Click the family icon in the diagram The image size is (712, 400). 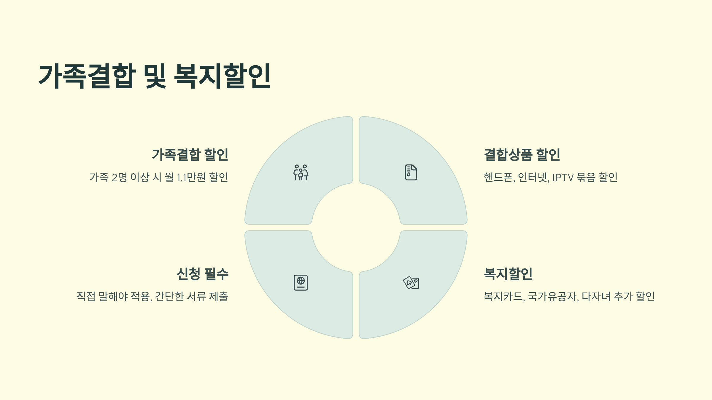(x=301, y=172)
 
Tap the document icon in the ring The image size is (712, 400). (x=411, y=172)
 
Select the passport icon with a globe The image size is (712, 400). (x=301, y=283)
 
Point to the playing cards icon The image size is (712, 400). (x=411, y=283)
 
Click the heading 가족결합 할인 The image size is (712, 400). (x=190, y=155)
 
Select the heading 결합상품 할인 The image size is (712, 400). (x=522, y=155)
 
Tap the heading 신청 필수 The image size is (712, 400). (x=202, y=274)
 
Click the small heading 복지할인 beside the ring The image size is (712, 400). (x=508, y=274)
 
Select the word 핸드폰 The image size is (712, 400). (x=499, y=177)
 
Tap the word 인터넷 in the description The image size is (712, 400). (x=533, y=177)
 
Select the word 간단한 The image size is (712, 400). (x=169, y=296)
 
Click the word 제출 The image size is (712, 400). (x=219, y=296)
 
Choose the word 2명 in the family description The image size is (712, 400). (x=119, y=177)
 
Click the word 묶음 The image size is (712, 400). (x=586, y=177)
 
